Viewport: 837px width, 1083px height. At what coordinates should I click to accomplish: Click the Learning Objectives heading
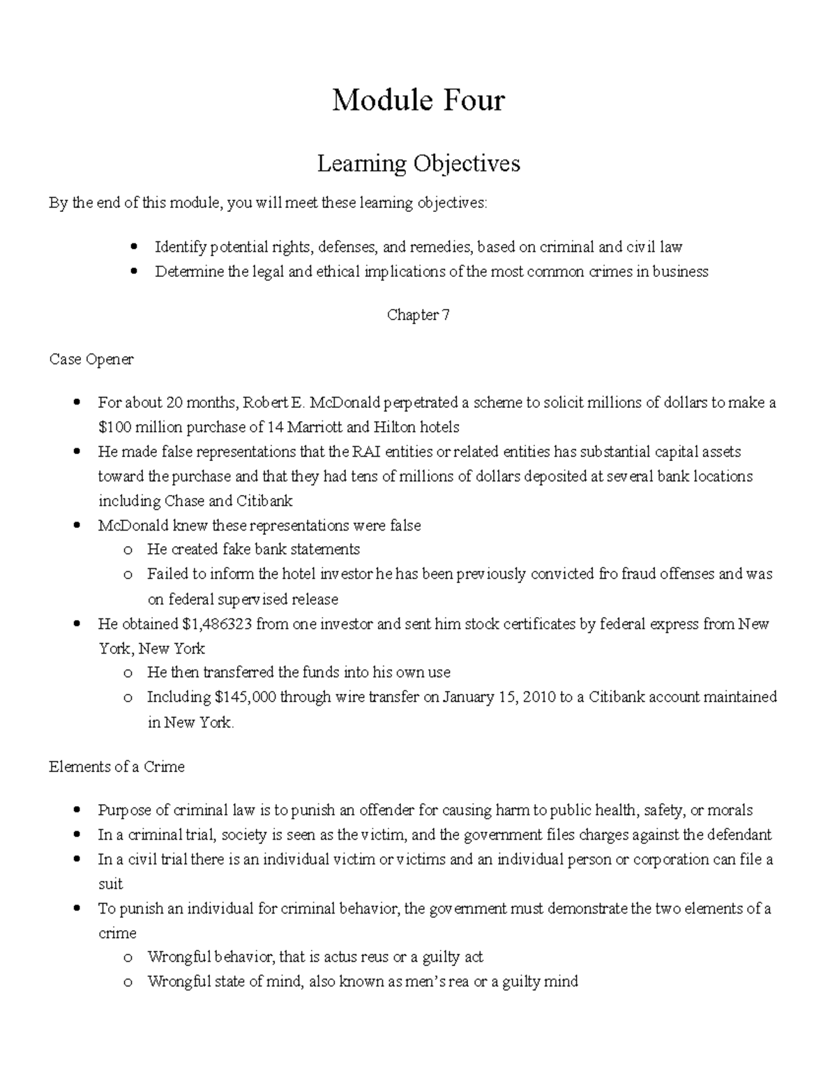[418, 163]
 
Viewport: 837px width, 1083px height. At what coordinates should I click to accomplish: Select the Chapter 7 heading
[418, 315]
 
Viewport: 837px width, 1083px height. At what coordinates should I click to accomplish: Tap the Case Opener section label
[91, 359]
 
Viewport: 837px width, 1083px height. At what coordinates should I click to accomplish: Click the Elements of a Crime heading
[116, 766]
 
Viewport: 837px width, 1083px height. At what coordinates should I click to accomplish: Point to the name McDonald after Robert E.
[341, 402]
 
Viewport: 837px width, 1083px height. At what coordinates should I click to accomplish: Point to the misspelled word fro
[608, 574]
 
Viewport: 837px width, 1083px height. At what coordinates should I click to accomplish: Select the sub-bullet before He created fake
[126, 550]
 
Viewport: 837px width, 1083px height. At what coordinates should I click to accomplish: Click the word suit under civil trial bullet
[110, 884]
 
